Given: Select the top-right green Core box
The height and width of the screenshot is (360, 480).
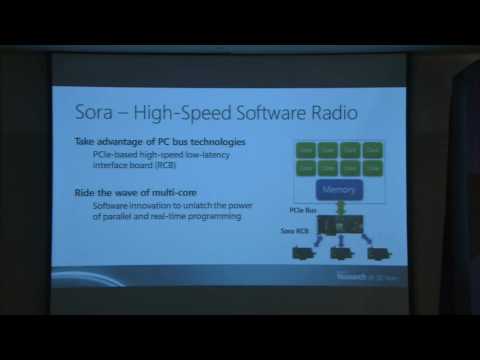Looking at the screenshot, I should pyautogui.click(x=372, y=149).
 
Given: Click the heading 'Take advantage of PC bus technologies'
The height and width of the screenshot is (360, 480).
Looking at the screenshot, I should pyautogui.click(x=160, y=142).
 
